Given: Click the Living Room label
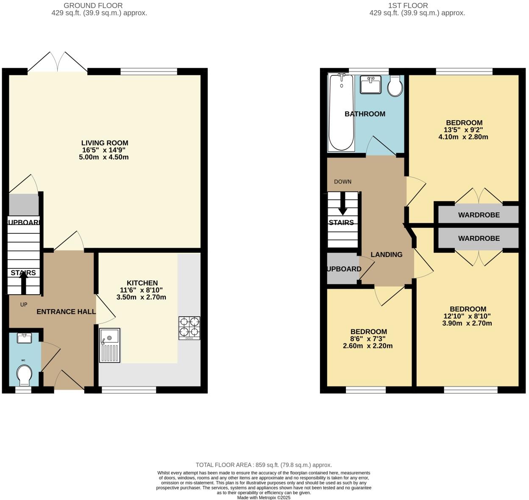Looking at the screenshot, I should [x=105, y=143].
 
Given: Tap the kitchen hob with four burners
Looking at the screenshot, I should [x=189, y=328].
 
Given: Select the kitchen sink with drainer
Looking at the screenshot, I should [x=110, y=345].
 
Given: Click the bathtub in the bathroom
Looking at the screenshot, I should [x=341, y=112].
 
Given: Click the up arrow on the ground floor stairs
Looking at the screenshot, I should [x=23, y=282].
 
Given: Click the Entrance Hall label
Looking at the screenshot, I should [x=66, y=312].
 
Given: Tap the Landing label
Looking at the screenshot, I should [x=386, y=254].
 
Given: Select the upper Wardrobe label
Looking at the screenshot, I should [x=479, y=215].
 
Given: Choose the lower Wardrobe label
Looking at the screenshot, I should [x=479, y=238].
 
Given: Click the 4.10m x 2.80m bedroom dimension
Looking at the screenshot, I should [x=463, y=137].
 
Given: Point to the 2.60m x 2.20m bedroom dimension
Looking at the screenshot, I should [x=368, y=346].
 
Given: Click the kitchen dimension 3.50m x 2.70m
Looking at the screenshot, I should [x=141, y=297].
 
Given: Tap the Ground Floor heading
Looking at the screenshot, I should [x=93, y=6].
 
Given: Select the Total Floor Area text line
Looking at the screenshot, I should [x=264, y=465].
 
